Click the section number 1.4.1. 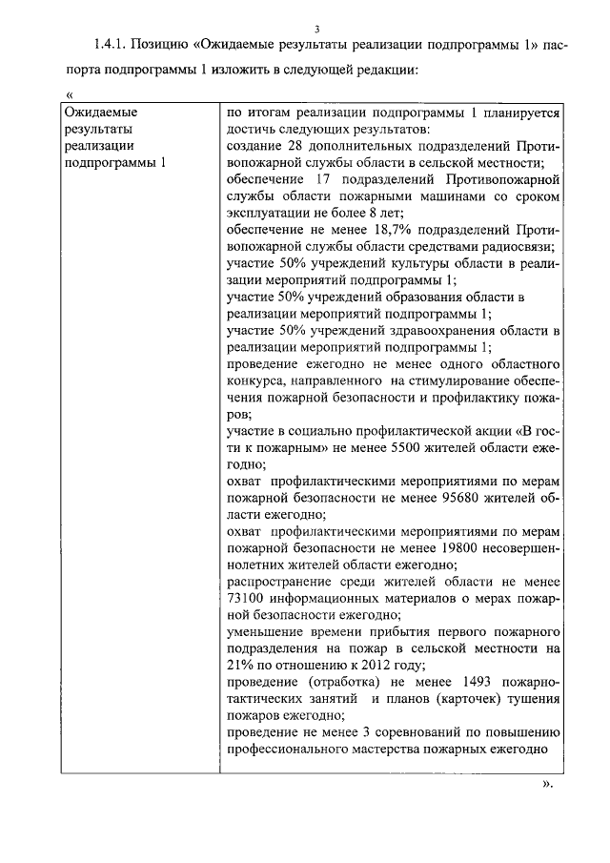click(x=111, y=45)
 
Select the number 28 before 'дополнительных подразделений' click(x=294, y=145)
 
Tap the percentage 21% click(x=241, y=665)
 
